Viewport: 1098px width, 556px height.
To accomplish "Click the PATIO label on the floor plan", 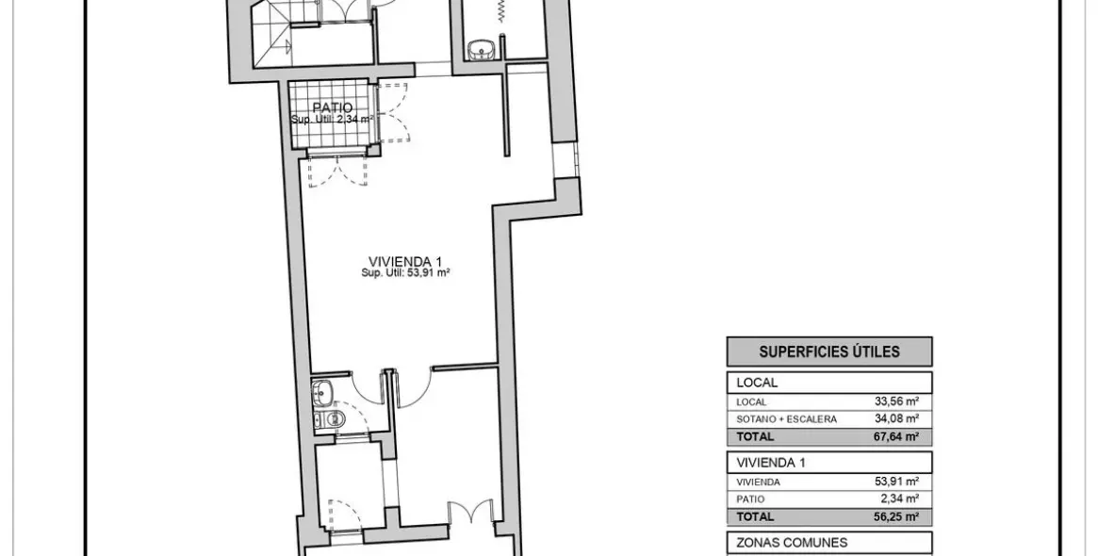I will (334, 108).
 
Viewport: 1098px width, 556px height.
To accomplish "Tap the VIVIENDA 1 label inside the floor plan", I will (405, 261).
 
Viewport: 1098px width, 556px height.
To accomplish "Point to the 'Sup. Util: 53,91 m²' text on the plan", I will (405, 273).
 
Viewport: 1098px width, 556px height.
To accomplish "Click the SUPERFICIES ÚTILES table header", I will (829, 352).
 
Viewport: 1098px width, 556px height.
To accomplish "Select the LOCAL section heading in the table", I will (757, 383).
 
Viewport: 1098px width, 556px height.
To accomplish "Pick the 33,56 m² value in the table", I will (896, 401).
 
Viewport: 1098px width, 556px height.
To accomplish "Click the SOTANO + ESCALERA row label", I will (786, 418).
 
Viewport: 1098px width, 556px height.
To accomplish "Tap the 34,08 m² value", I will (896, 418).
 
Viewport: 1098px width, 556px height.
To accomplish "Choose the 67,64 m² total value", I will (896, 436).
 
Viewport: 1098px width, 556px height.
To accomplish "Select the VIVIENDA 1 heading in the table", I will (771, 463).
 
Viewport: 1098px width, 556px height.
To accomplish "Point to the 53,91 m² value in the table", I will (896, 482).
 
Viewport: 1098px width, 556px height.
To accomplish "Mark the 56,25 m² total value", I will (896, 516).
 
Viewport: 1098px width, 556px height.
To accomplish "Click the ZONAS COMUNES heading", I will (778, 542).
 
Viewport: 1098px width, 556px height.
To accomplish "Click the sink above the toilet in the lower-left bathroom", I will (322, 389).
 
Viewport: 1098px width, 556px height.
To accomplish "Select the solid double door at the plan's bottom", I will (470, 514).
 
